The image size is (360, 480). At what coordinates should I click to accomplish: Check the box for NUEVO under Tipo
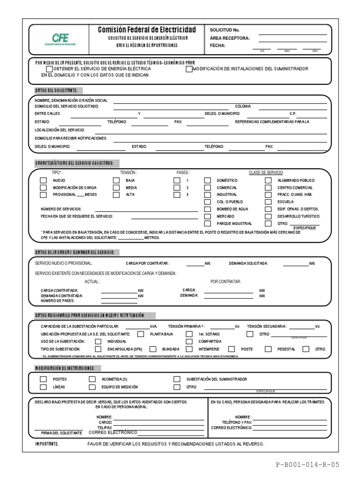(43, 180)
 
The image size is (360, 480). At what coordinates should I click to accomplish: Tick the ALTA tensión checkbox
(116, 195)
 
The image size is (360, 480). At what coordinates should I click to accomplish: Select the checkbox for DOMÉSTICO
(207, 180)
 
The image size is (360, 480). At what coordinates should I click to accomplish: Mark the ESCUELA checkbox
(268, 202)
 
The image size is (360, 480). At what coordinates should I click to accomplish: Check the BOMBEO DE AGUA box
(207, 209)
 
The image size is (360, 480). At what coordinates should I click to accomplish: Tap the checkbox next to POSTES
(43, 379)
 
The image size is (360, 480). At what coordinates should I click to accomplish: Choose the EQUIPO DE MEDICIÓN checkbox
(92, 387)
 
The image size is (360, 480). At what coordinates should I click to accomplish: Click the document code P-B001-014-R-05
(307, 465)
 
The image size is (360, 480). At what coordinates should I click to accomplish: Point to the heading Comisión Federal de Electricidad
(147, 30)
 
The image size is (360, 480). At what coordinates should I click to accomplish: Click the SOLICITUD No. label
(225, 30)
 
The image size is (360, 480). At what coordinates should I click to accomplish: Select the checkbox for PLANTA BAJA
(141, 334)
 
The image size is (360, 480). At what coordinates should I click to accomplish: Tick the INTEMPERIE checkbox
(189, 349)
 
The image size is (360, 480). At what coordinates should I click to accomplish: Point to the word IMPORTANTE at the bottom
(47, 443)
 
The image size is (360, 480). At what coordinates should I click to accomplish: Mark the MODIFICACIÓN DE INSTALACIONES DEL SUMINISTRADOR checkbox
(189, 69)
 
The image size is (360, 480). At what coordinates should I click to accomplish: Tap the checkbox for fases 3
(177, 195)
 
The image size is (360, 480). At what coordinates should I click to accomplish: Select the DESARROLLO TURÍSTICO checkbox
(268, 217)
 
